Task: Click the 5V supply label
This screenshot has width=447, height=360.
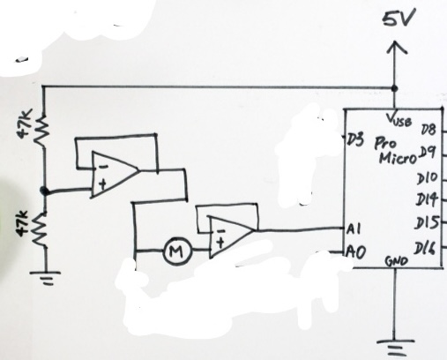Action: coord(399,18)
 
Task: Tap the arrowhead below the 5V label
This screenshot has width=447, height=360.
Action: coord(397,47)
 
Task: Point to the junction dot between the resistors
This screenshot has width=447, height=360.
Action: coord(44,191)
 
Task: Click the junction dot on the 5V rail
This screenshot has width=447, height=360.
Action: coord(394,88)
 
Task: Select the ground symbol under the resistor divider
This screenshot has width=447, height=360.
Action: coord(46,278)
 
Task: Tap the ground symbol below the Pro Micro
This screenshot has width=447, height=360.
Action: coord(396,347)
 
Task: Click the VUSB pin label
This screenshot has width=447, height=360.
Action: coord(399,119)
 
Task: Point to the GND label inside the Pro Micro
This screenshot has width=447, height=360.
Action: coord(397,260)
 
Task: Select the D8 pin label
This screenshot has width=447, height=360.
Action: coord(428,129)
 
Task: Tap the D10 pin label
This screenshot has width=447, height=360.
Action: coord(428,178)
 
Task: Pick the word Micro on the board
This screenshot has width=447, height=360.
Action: coord(398,159)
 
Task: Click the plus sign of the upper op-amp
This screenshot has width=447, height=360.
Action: coord(102,184)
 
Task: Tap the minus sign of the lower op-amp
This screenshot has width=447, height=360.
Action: coord(223,231)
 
